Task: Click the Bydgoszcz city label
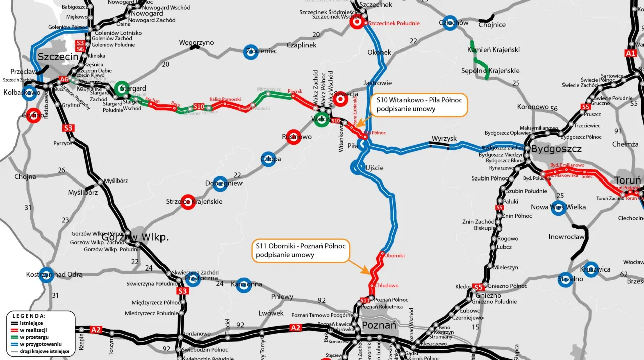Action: coord(556,149)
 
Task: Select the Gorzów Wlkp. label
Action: coord(135,237)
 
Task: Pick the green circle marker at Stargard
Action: coord(121,88)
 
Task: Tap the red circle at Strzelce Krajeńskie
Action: coord(188,201)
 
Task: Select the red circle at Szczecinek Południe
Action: coord(357,22)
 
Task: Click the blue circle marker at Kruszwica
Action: coord(591,269)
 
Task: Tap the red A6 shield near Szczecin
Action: coord(64,79)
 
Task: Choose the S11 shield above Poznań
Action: coord(365,301)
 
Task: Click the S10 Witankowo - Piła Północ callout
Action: coord(419,105)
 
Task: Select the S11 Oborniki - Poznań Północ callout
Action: coord(300,250)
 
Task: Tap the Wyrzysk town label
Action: coord(444,138)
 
